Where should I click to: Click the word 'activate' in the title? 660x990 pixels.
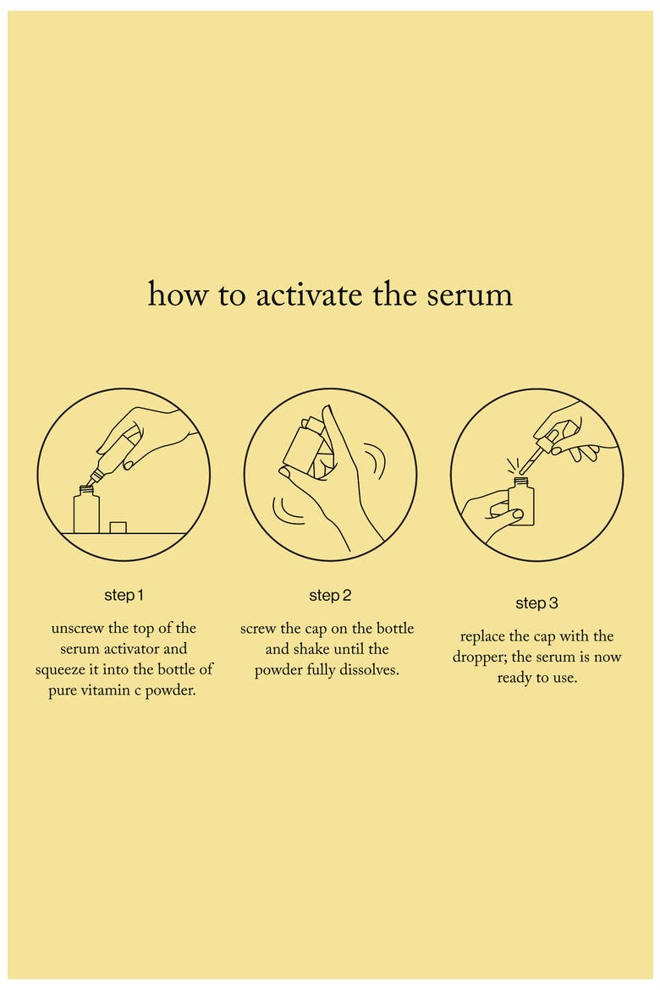tap(309, 294)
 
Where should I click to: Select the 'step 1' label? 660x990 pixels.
tap(124, 596)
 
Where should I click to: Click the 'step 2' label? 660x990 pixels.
tap(330, 596)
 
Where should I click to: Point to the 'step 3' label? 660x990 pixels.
tap(536, 603)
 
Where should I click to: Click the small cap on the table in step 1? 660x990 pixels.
tap(118, 527)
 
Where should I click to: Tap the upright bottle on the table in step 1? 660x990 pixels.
tap(86, 510)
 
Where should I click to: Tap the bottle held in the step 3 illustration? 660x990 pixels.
tap(521, 503)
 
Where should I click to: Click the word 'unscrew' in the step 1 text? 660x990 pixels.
tap(78, 629)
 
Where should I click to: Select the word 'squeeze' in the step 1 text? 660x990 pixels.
tap(63, 670)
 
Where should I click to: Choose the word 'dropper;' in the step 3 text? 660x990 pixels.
tap(480, 658)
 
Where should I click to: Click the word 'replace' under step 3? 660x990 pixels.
tap(483, 637)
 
